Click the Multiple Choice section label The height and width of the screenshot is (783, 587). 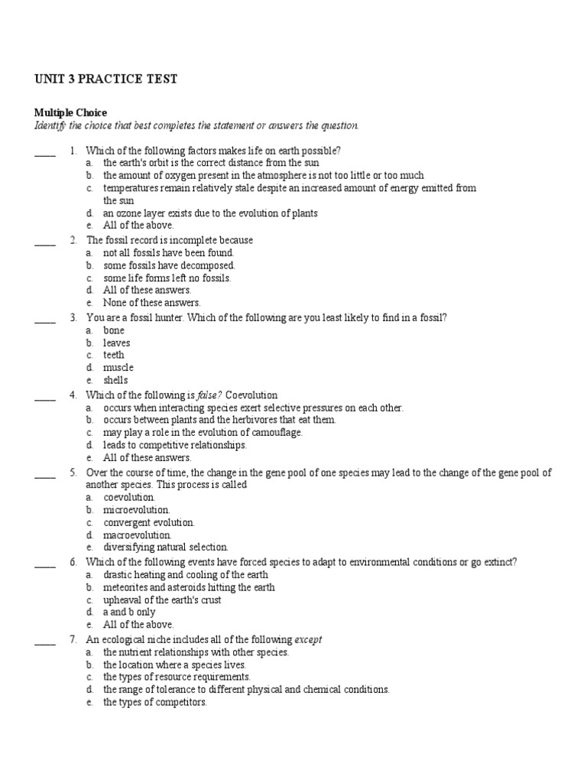click(71, 112)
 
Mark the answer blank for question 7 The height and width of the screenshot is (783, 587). click(45, 642)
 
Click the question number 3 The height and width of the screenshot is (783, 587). click(73, 317)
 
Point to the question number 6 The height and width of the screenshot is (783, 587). click(73, 562)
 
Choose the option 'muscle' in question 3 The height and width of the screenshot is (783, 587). click(118, 368)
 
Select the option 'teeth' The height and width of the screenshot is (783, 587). click(114, 355)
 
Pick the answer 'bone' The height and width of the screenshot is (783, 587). click(114, 330)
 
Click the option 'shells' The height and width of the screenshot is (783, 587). click(116, 380)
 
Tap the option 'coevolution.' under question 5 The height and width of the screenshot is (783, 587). click(129, 497)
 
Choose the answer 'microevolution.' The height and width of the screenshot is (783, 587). click(137, 509)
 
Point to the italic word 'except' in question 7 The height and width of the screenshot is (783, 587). click(309, 639)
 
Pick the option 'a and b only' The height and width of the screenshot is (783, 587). click(129, 612)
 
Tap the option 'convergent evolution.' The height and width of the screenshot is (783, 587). click(149, 522)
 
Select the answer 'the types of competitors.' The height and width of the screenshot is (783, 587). click(155, 702)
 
